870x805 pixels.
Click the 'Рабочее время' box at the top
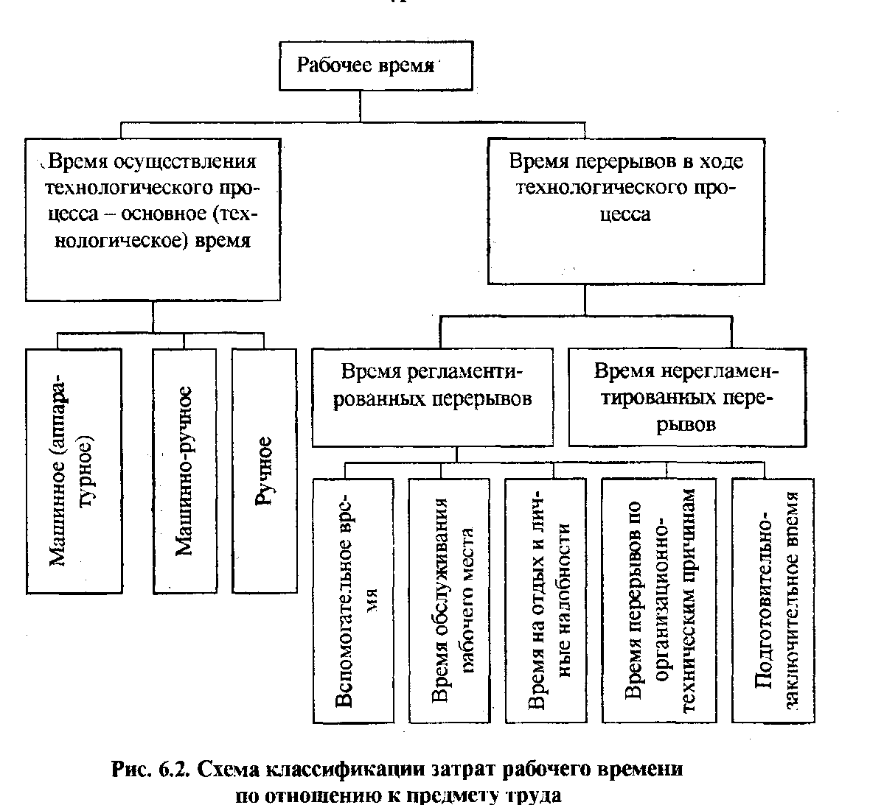click(x=375, y=66)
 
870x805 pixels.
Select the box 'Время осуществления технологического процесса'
click(x=153, y=219)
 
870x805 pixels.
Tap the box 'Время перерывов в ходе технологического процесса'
click(x=626, y=211)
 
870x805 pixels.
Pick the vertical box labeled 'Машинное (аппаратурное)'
click(x=74, y=471)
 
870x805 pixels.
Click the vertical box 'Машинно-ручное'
click(x=185, y=471)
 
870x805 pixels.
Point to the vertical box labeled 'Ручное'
click(x=264, y=471)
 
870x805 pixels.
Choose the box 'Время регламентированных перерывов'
click(x=432, y=397)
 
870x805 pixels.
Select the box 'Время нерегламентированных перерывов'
click(x=687, y=397)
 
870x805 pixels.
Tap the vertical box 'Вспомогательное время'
click(x=353, y=601)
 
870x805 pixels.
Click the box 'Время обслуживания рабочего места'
click(x=450, y=601)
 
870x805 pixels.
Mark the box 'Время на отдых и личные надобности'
click(x=546, y=601)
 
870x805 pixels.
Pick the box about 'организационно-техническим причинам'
click(x=659, y=601)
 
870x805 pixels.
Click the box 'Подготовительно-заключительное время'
click(x=773, y=601)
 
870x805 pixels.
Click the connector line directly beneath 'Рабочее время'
click(x=360, y=106)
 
